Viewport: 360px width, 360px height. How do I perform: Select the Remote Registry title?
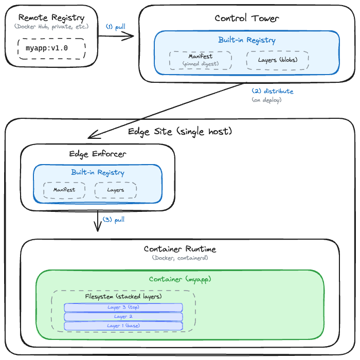[x=51, y=17]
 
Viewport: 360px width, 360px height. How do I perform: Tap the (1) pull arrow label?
[x=116, y=26]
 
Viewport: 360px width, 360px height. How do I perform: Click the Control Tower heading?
[x=247, y=19]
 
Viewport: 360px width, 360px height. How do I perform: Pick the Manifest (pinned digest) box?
[x=200, y=60]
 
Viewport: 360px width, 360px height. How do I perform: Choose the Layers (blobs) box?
[x=277, y=60]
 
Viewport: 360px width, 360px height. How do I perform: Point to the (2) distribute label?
[x=272, y=91]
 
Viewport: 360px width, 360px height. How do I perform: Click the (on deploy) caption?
[x=266, y=100]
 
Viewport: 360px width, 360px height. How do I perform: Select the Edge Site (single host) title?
[x=180, y=132]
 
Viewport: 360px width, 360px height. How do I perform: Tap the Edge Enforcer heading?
[x=98, y=154]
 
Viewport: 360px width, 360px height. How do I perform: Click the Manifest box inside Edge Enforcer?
[x=64, y=190]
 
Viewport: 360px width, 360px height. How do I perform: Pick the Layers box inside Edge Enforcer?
[x=116, y=190]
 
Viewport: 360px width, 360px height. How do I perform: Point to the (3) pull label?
[x=114, y=220]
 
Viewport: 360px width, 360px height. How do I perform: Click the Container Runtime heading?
[x=180, y=249]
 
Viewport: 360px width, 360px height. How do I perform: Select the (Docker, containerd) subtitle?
[x=180, y=258]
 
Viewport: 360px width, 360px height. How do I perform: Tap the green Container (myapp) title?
[x=180, y=279]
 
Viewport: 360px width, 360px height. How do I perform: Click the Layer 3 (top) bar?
[x=123, y=308]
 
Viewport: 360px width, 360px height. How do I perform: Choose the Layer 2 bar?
[x=123, y=317]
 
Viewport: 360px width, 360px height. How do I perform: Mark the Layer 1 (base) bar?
[x=123, y=326]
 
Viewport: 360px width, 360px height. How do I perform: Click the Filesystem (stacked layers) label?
[x=123, y=297]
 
